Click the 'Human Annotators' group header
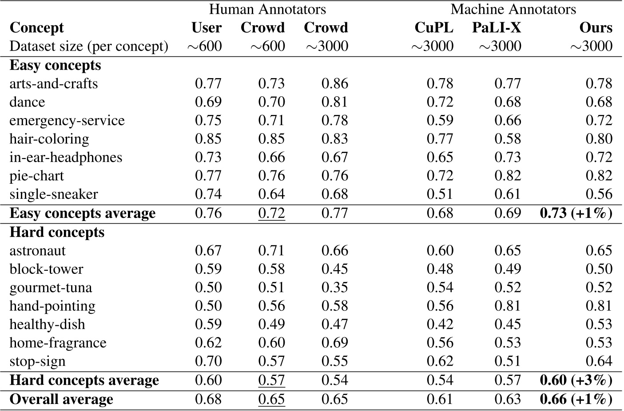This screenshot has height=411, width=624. coord(267,9)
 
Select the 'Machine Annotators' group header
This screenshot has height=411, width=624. coord(513,9)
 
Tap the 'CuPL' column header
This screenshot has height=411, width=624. coord(433,28)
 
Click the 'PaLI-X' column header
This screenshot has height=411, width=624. coord(496,28)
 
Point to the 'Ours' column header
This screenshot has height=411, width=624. coord(596,28)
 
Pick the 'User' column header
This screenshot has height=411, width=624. coord(207,28)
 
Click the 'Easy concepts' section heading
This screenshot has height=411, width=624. coord(55,65)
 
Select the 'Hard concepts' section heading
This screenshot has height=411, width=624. coord(57,232)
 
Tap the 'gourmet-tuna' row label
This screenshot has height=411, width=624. coord(51,288)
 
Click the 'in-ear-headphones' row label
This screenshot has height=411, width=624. coord(66,158)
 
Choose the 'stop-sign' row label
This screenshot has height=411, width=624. coord(37,361)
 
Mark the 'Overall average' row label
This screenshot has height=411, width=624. coord(61,399)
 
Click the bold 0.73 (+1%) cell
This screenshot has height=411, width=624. coord(576,213)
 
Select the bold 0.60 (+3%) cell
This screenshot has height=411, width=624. coord(576,380)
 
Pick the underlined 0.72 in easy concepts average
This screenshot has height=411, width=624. coord(271,213)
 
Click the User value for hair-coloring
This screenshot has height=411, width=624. coord(208,139)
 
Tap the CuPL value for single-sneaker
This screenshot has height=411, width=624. coord(440,194)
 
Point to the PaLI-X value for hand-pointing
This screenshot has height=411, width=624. coord(508,306)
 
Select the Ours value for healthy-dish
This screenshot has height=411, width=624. coord(599,324)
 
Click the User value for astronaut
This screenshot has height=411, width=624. coord(208,251)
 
